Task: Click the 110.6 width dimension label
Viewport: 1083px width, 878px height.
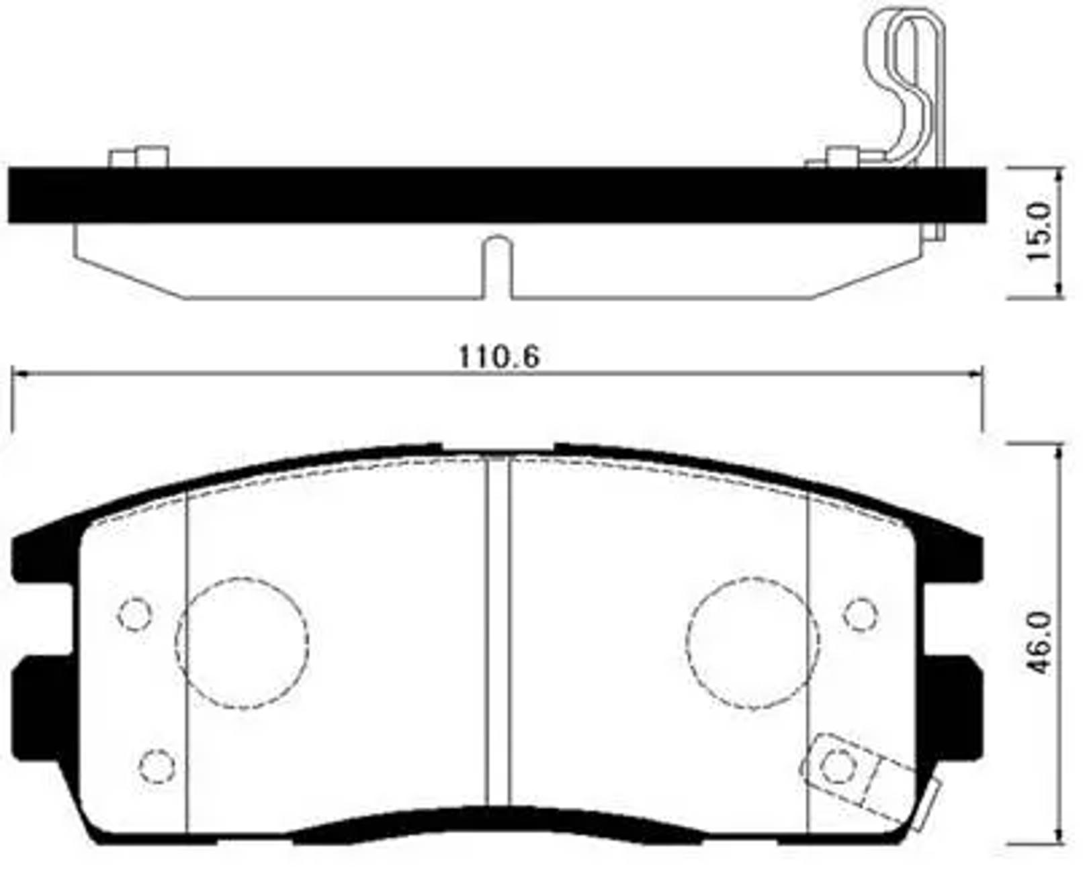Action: [499, 356]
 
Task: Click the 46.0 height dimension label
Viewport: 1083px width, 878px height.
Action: [1040, 643]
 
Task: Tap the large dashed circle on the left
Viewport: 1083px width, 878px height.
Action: [242, 643]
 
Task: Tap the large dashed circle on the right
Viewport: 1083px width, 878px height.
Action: [752, 643]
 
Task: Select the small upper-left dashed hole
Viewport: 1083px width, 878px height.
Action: [134, 614]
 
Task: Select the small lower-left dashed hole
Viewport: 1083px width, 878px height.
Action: [157, 765]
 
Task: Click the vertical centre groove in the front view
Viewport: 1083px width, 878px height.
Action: [497, 631]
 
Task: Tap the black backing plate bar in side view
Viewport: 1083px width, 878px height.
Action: [497, 195]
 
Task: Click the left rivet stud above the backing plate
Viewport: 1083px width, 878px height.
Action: [138, 157]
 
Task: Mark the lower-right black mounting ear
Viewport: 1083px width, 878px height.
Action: [954, 705]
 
